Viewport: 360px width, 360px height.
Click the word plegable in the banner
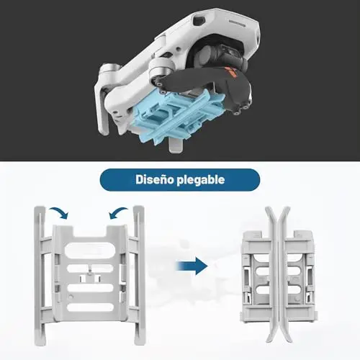[x=201, y=180]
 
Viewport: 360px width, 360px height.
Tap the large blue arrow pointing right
[x=192, y=266]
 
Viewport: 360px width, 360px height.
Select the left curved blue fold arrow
[x=59, y=212]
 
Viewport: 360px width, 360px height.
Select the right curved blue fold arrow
[x=118, y=212]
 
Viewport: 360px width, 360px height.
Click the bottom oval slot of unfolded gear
[x=90, y=307]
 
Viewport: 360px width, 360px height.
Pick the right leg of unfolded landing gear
[x=139, y=275]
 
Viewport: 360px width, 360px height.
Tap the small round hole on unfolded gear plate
[x=71, y=297]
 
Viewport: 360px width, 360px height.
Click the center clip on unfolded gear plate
[x=90, y=276]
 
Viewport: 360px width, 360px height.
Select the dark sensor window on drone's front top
[x=199, y=20]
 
